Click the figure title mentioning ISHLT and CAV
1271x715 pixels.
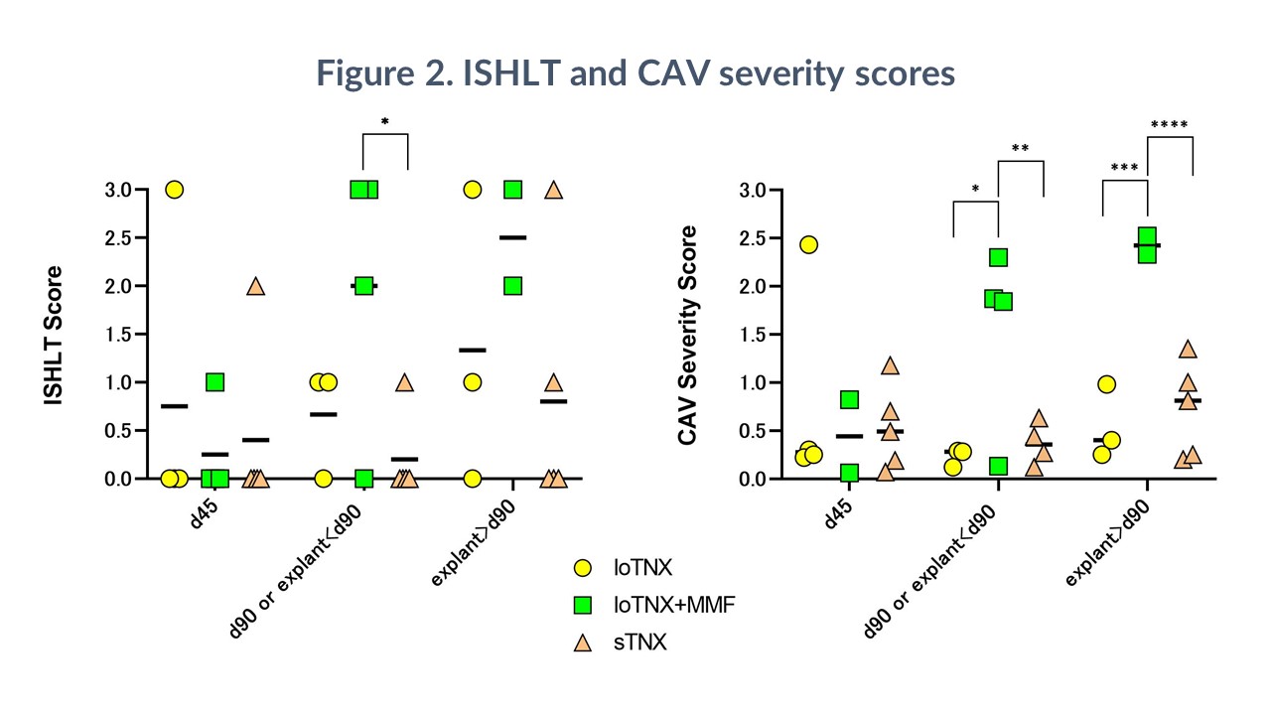[x=635, y=73]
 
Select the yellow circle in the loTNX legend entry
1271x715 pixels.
[x=584, y=568]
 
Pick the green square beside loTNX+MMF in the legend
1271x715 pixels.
[x=584, y=605]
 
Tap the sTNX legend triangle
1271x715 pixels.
[x=584, y=643]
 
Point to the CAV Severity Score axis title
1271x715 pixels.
[x=687, y=335]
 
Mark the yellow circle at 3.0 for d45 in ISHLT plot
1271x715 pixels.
[x=175, y=190]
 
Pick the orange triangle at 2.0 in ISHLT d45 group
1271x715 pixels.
[x=255, y=286]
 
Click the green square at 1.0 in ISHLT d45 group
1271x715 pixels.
[x=214, y=382]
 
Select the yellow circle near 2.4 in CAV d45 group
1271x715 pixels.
[x=808, y=244]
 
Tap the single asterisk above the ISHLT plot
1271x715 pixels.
[x=385, y=123]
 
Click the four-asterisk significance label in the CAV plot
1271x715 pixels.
[x=1169, y=125]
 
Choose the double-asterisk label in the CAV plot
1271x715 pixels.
[x=1020, y=149]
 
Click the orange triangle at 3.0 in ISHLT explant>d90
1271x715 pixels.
[x=553, y=190]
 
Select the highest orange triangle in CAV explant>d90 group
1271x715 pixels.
[x=1188, y=349]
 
